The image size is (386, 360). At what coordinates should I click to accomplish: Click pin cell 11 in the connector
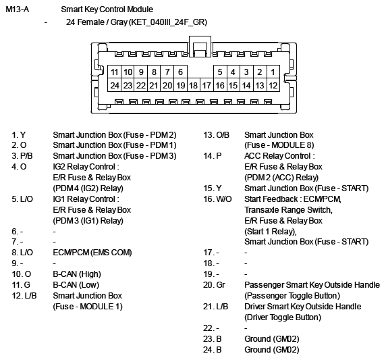pyautogui.click(x=114, y=72)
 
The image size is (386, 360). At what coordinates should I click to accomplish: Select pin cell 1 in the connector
pyautogui.click(x=273, y=72)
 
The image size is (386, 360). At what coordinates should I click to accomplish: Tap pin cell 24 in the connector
pyautogui.click(x=114, y=85)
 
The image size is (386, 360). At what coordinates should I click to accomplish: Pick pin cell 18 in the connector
pyautogui.click(x=194, y=85)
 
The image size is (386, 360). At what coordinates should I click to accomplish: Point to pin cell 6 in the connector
pyautogui.click(x=180, y=72)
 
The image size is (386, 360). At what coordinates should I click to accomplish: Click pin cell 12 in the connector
pyautogui.click(x=273, y=85)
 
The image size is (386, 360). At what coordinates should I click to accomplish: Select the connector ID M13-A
pyautogui.click(x=18, y=9)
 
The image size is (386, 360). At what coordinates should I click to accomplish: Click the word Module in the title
pyautogui.click(x=140, y=9)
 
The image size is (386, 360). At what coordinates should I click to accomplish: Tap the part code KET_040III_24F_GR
pyautogui.click(x=167, y=22)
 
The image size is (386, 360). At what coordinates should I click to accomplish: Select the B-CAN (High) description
pyautogui.click(x=77, y=274)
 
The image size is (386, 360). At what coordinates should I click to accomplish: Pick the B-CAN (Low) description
pyautogui.click(x=76, y=285)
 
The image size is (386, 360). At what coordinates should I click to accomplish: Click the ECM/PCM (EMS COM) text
pyautogui.click(x=92, y=253)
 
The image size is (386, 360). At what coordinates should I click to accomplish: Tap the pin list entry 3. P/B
pyautogui.click(x=22, y=156)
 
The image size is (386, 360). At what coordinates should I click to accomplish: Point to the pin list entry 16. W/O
pyautogui.click(x=217, y=199)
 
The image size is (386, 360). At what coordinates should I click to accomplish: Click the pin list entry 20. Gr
pyautogui.click(x=214, y=285)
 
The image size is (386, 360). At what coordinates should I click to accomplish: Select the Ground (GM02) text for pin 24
pyautogui.click(x=272, y=350)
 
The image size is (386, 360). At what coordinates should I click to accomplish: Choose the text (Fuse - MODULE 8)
pyautogui.click(x=279, y=145)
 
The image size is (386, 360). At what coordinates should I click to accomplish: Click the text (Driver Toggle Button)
pyautogui.click(x=283, y=317)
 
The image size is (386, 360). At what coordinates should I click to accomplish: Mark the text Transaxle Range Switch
pyautogui.click(x=287, y=210)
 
